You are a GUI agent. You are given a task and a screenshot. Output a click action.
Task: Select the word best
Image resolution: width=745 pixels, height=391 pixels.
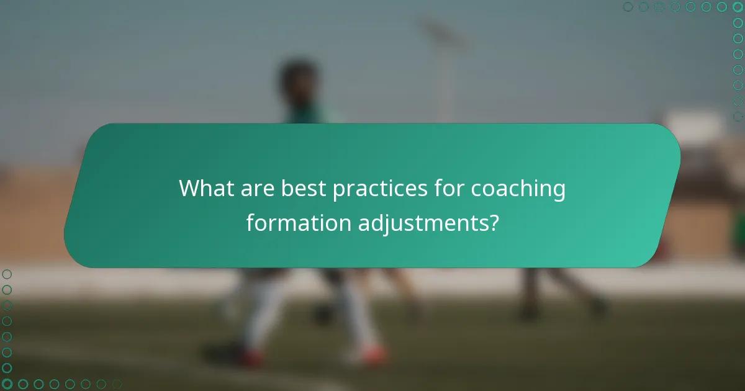(x=304, y=189)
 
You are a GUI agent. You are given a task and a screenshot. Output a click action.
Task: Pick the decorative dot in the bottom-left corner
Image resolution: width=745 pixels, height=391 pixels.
(x=7, y=384)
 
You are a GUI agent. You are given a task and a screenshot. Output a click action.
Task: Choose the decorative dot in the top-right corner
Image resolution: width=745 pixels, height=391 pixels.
(x=738, y=7)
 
